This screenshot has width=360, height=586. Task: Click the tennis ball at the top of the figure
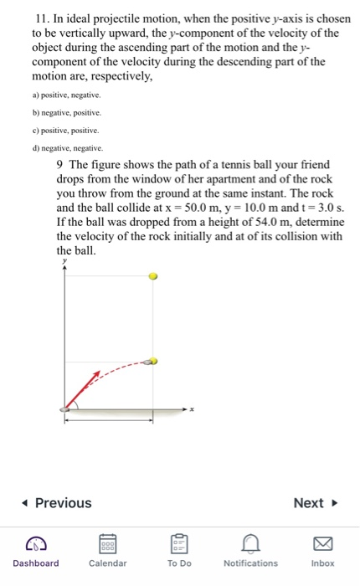click(x=152, y=275)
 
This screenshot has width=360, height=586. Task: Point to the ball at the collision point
click(x=152, y=362)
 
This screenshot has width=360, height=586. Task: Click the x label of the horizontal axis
click(x=193, y=409)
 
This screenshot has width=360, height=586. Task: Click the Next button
click(x=314, y=502)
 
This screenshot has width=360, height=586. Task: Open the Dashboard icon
click(x=35, y=543)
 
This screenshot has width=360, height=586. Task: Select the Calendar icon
click(x=107, y=543)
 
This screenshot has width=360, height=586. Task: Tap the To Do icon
click(x=179, y=543)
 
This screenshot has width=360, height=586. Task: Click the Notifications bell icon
click(x=250, y=543)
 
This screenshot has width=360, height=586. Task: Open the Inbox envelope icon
click(x=322, y=543)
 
